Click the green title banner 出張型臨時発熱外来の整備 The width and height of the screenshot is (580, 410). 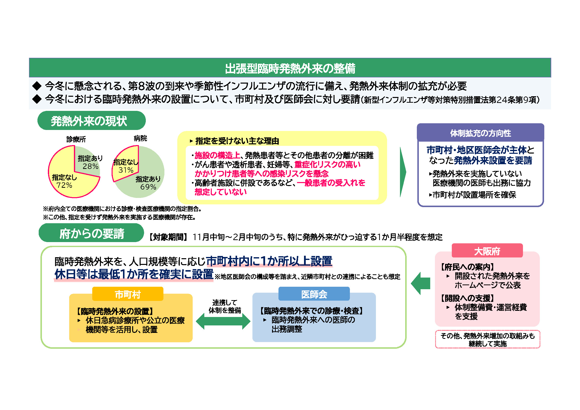(290, 68)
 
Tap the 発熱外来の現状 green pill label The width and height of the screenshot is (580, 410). (92, 121)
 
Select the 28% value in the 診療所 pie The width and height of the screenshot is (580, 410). (91, 166)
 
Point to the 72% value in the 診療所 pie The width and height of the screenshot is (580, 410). (64, 185)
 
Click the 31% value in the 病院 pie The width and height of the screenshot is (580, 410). (126, 170)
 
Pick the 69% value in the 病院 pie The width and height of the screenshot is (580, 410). (148, 187)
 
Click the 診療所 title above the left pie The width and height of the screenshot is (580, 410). (76, 139)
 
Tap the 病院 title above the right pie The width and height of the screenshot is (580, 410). (140, 138)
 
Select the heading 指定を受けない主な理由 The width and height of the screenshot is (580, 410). (237, 141)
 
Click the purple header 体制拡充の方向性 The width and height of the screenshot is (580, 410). (481, 133)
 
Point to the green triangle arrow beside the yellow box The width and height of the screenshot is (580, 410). (403, 172)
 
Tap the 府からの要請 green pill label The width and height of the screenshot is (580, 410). (91, 233)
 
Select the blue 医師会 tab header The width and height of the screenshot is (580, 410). (314, 294)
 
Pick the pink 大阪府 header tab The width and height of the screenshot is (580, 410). (487, 251)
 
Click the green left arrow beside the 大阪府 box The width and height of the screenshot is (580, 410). (421, 284)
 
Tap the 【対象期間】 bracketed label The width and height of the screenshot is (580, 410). (168, 237)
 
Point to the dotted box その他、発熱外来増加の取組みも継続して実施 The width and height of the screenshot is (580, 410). (488, 339)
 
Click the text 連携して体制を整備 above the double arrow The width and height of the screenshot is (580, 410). (225, 306)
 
